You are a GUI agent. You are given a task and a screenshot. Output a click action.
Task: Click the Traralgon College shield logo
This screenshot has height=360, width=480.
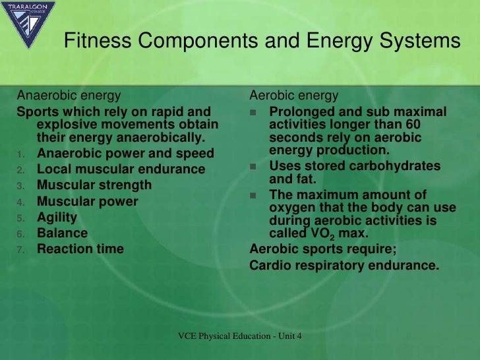pyautogui.click(x=28, y=24)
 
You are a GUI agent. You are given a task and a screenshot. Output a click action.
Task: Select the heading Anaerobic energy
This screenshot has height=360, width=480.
pyautogui.click(x=69, y=96)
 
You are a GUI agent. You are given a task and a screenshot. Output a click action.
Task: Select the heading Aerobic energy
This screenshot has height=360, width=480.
pyautogui.click(x=294, y=96)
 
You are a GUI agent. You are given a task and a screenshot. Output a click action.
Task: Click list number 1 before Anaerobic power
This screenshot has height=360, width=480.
pyautogui.click(x=21, y=154)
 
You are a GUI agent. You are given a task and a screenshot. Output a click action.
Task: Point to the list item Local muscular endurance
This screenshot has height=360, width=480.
pyautogui.click(x=121, y=169)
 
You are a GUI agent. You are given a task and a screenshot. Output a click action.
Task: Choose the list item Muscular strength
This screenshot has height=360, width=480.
pyautogui.click(x=94, y=185)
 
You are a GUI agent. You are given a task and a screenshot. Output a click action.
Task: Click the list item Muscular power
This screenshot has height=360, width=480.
pyautogui.click(x=88, y=201)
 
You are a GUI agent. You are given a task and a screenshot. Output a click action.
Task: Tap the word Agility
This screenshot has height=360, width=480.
pyautogui.click(x=57, y=217)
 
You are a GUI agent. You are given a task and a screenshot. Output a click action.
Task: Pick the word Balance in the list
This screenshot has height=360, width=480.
pyautogui.click(x=62, y=233)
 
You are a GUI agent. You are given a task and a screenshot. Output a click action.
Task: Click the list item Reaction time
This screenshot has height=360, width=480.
pyautogui.click(x=80, y=249)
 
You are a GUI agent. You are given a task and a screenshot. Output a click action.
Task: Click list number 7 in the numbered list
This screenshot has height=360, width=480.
pyautogui.click(x=21, y=249)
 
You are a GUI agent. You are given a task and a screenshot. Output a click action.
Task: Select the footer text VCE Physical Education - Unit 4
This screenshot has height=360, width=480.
pyautogui.click(x=240, y=336)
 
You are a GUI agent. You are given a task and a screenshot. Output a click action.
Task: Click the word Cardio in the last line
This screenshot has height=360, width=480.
pyautogui.click(x=270, y=266)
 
